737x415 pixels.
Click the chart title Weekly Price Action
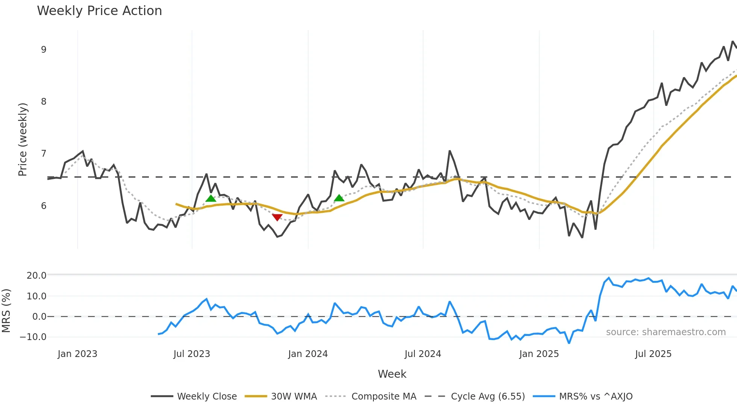pyautogui.click(x=99, y=11)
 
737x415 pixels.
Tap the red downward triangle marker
pyautogui.click(x=277, y=217)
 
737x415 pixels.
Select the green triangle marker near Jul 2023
pyautogui.click(x=211, y=198)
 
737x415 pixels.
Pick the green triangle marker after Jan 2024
pyautogui.click(x=339, y=198)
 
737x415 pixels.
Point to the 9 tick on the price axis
pyautogui.click(x=44, y=50)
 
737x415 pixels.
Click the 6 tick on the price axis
pyautogui.click(x=44, y=206)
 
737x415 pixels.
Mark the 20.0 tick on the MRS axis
pyautogui.click(x=36, y=276)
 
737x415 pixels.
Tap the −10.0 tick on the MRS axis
pyautogui.click(x=33, y=337)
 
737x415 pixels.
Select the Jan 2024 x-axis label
pyautogui.click(x=308, y=354)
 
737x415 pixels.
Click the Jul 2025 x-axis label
pyautogui.click(x=653, y=354)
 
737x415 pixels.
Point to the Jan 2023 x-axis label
pyautogui.click(x=77, y=354)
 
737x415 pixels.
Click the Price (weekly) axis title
pyautogui.click(x=23, y=139)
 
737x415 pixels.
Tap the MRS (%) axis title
pyautogui.click(x=6, y=311)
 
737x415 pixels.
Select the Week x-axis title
pyautogui.click(x=392, y=374)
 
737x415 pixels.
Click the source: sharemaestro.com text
pyautogui.click(x=666, y=332)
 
